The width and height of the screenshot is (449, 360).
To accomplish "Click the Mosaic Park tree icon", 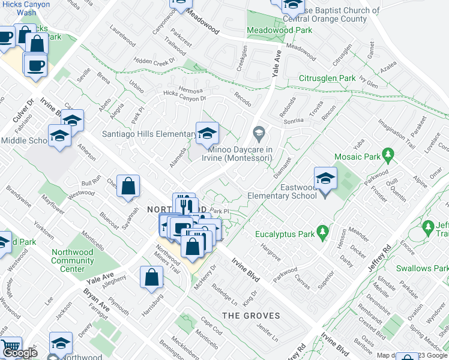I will coord(388,157).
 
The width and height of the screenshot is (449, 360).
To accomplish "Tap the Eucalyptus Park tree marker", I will coord(323,231).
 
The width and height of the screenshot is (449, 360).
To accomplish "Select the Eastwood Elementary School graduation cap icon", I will coord(325,179).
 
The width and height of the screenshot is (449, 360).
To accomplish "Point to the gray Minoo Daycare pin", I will coord(259,132).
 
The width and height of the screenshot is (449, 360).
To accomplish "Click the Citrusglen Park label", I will coord(327,79).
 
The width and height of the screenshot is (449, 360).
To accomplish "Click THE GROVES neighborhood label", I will coord(251,316).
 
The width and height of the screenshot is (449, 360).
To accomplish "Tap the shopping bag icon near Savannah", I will coord(128,187).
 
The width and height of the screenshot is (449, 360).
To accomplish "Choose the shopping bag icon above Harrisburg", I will coord(151,277).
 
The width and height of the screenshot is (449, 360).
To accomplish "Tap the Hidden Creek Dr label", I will coord(154,61).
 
